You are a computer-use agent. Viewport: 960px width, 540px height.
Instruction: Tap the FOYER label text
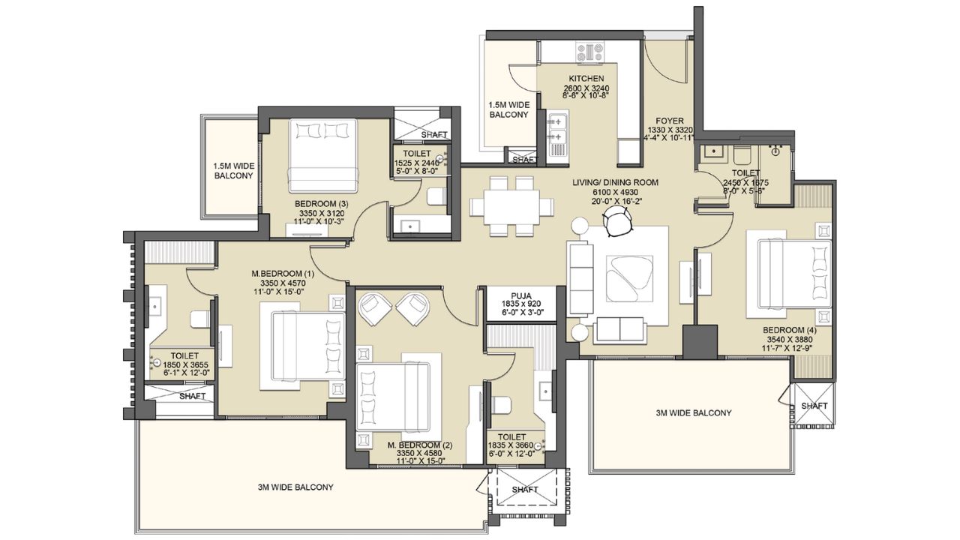(670, 120)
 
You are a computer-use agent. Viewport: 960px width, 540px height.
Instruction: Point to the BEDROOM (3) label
(321, 203)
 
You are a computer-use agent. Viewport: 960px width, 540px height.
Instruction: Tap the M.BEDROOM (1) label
(277, 273)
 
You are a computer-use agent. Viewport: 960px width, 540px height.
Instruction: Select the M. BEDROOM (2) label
(420, 445)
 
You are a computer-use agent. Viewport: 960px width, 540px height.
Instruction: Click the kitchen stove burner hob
(589, 51)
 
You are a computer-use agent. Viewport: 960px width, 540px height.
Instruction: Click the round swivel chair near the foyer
(618, 221)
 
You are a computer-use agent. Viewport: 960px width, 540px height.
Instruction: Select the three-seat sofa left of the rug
(580, 277)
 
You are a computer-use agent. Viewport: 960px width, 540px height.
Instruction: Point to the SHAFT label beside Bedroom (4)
(814, 406)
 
